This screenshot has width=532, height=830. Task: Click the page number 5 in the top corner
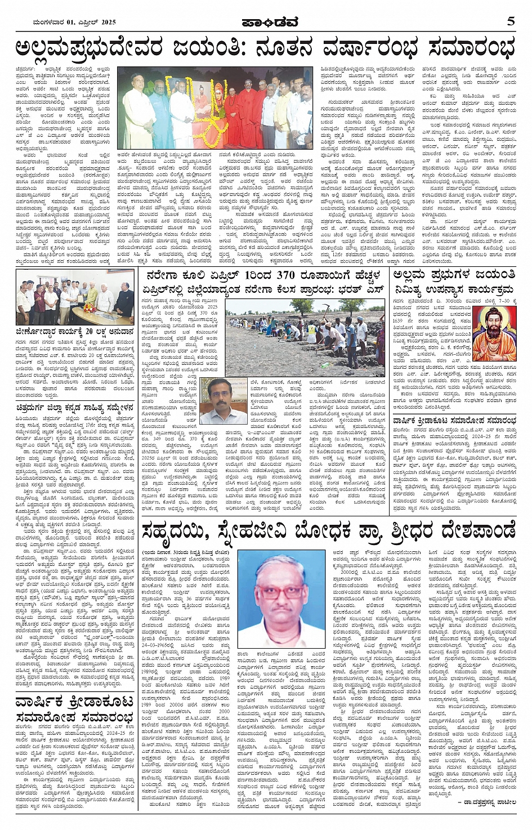pyautogui.click(x=511, y=21)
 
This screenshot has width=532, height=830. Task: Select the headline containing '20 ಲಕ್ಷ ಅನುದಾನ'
pyautogui.click(x=75, y=332)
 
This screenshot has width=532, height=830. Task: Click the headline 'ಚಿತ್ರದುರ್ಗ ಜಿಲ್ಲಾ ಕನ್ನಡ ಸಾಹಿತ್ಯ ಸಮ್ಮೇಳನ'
pyautogui.click(x=75, y=407)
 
